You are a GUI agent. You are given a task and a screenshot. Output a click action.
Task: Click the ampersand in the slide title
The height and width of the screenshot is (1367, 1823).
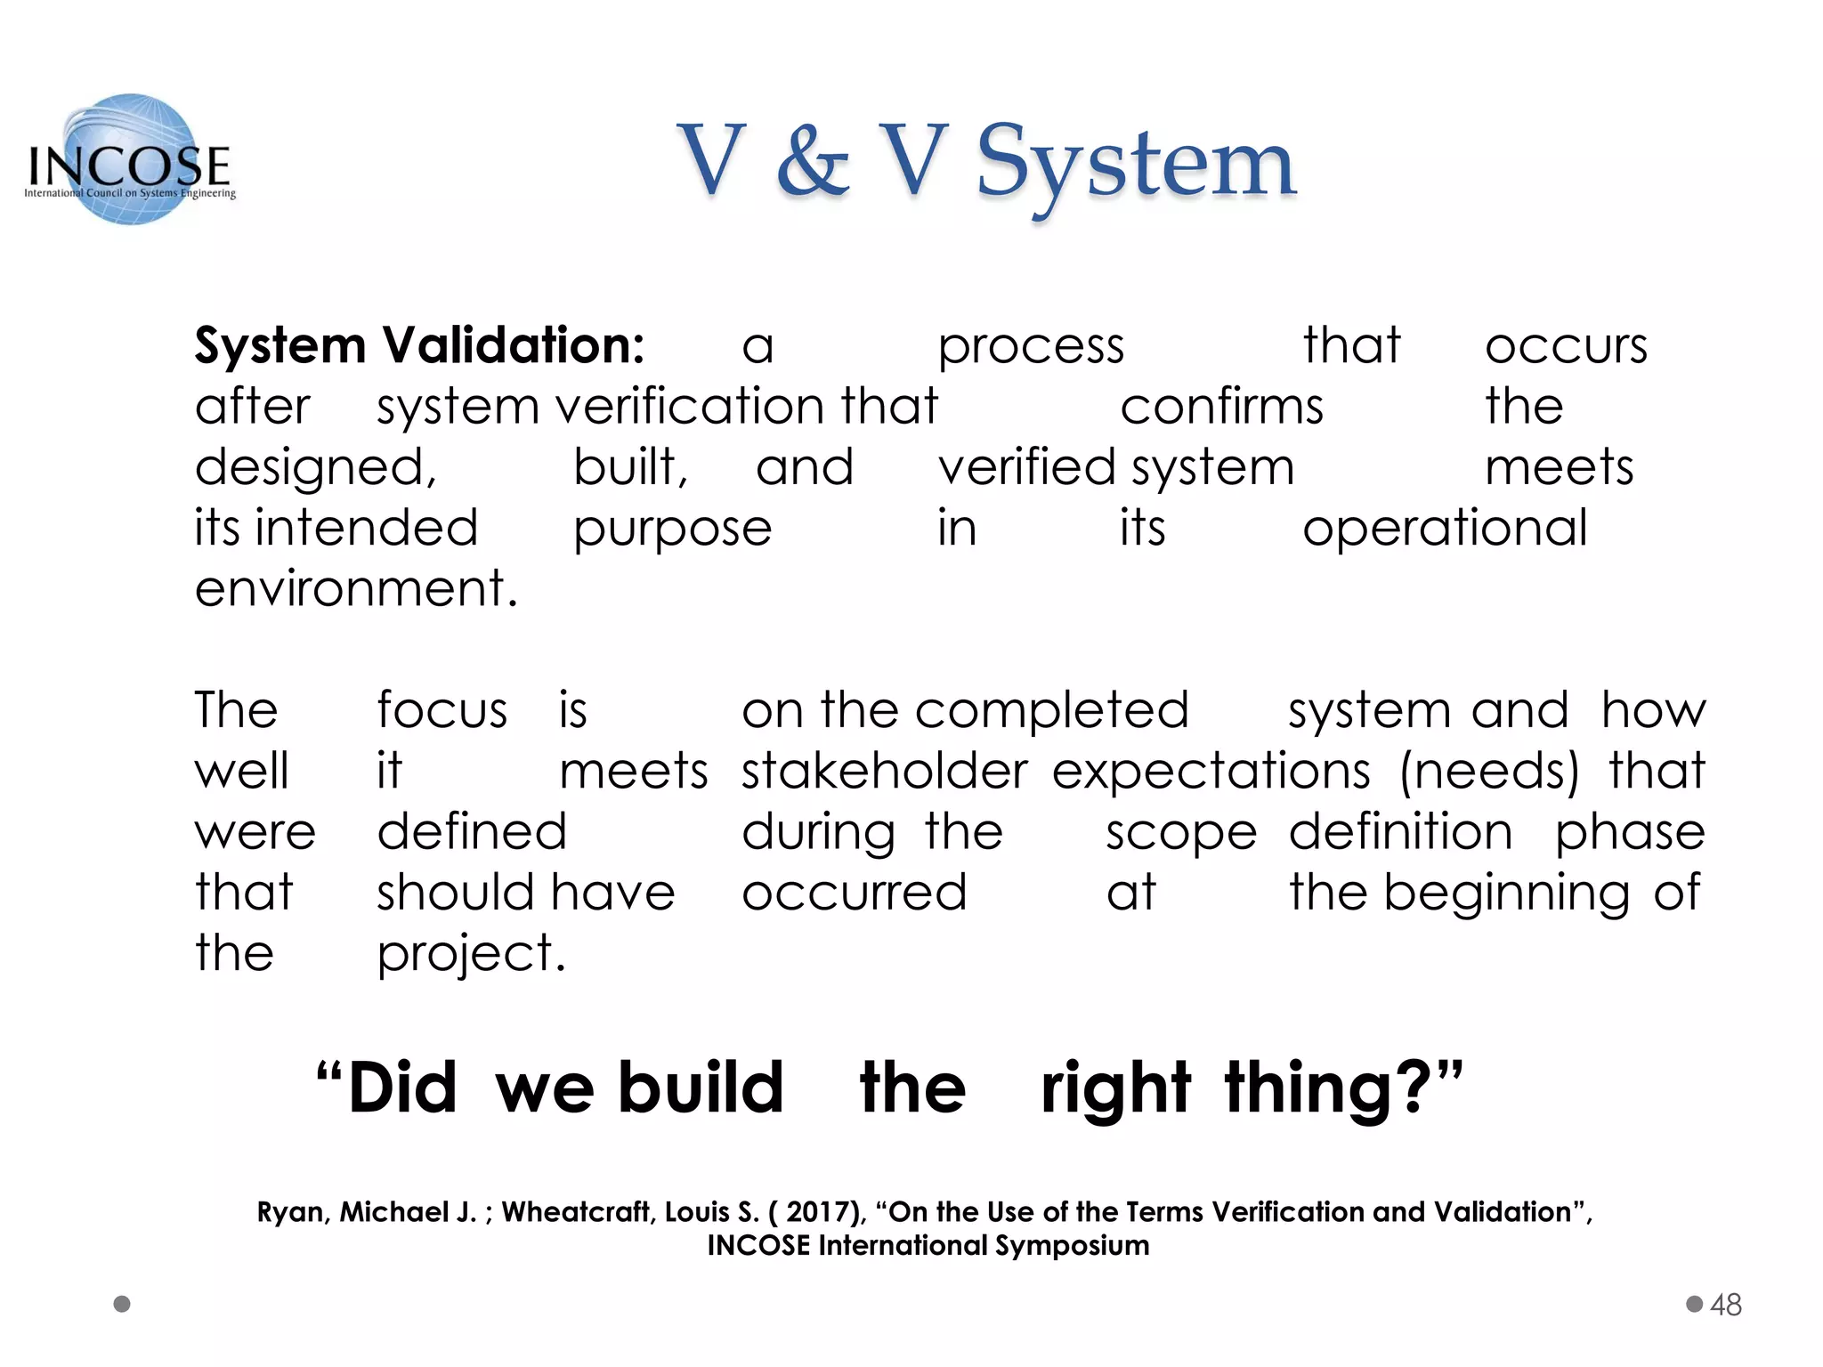point(812,162)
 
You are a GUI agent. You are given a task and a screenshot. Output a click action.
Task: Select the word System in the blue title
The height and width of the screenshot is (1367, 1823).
point(1136,165)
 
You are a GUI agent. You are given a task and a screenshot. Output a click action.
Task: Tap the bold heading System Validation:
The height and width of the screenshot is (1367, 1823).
point(419,345)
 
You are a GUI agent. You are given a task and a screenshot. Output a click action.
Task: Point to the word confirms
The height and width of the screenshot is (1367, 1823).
point(1221,407)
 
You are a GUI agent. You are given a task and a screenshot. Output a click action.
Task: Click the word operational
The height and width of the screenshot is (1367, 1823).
point(1445,528)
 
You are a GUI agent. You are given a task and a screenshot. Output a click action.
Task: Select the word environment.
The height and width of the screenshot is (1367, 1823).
point(355,589)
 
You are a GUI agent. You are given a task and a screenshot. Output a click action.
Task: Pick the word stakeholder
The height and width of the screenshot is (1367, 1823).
point(884,771)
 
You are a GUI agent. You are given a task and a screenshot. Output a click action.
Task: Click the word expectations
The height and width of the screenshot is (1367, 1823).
point(1211,771)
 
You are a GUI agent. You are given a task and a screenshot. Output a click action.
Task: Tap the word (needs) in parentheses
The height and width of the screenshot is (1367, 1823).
point(1489,771)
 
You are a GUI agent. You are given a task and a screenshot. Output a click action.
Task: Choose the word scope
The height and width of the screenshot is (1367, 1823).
point(1181,833)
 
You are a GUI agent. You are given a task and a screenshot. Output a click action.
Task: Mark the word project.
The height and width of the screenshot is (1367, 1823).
point(471,954)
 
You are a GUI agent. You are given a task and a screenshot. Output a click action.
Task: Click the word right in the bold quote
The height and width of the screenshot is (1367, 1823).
point(1115,1088)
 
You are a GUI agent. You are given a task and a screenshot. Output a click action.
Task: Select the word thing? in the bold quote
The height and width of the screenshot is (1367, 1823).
point(1342,1088)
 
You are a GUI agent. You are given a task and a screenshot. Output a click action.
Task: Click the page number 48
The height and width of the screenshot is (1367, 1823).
point(1726,1305)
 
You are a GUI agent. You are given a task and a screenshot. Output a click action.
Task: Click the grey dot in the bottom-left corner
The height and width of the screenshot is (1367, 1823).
point(123,1304)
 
